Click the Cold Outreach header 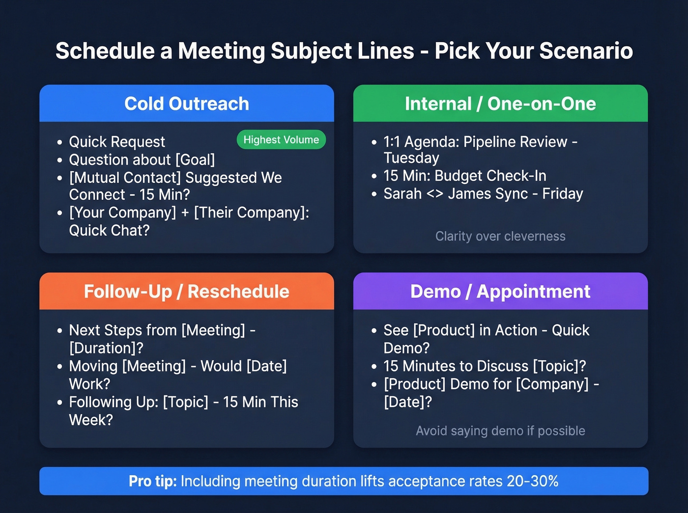coord(186,104)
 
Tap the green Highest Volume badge coord(281,140)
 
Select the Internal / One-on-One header coord(500,104)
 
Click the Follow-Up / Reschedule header coord(186,292)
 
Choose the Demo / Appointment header coord(500,292)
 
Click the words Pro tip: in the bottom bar coord(152,481)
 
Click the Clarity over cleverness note coord(500,237)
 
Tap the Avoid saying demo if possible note coord(500,431)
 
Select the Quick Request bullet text coord(117,142)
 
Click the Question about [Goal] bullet coord(142,160)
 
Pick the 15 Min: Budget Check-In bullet coord(464,176)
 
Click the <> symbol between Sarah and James coord(435,194)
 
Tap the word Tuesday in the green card coord(411,158)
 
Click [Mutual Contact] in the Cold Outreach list coord(125,178)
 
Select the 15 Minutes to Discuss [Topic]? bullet coord(485,366)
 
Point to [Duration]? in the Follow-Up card coord(106,349)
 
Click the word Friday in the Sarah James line coord(562,194)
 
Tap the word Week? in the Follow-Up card coord(91,420)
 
